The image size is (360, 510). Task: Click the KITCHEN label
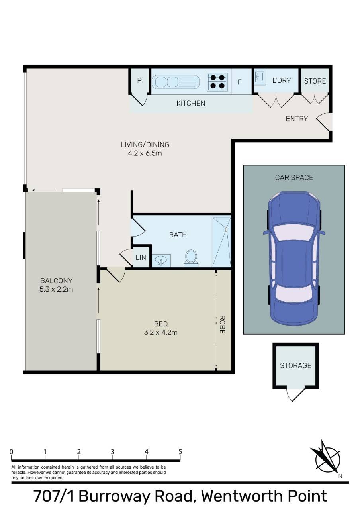(x=191, y=103)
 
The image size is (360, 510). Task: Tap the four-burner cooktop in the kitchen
(x=217, y=81)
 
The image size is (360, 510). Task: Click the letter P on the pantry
(x=139, y=80)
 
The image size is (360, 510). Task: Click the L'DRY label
(x=282, y=80)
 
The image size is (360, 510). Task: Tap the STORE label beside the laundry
(x=315, y=81)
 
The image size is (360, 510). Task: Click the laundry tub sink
(x=260, y=77)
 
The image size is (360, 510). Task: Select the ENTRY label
(x=297, y=119)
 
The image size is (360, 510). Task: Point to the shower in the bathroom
(x=222, y=242)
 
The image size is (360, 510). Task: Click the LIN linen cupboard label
(x=141, y=258)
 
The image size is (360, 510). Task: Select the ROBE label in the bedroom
(x=222, y=325)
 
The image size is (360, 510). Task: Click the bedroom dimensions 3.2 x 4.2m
(x=160, y=332)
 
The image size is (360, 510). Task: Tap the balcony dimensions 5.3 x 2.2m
(x=56, y=289)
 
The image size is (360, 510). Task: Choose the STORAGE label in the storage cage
(x=295, y=366)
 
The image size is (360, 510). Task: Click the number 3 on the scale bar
(x=112, y=452)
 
